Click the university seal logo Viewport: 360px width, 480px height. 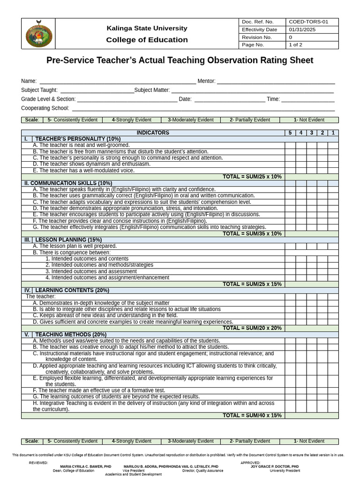pos(38,33)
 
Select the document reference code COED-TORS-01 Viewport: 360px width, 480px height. pos(308,22)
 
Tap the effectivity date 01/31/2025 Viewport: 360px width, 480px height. pos(303,30)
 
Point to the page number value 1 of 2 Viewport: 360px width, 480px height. pos(296,45)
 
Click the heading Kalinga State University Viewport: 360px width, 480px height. pos(147,28)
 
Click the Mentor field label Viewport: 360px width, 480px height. pos(206,81)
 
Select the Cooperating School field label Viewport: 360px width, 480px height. pos(45,108)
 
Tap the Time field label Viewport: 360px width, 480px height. pos(273,99)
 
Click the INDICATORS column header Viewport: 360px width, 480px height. pos(153,133)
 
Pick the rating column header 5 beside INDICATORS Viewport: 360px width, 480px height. pos(290,133)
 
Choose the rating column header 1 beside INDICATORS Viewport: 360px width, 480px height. pos(333,133)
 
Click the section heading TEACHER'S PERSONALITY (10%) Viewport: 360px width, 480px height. pos(78,139)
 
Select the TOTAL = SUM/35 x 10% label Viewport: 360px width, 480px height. pos(252,233)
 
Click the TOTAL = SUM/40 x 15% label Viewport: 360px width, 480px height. pos(252,415)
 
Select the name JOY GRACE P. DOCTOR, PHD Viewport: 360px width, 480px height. pos(275,467)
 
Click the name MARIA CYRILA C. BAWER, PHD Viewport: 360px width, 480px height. pos(86,467)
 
